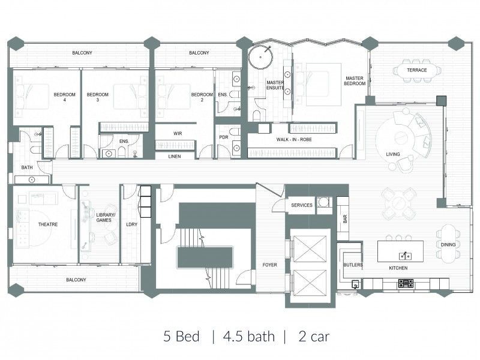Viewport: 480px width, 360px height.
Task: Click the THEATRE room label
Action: (x=47, y=224)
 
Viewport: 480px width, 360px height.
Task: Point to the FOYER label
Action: (x=270, y=264)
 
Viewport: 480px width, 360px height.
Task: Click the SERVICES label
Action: (x=302, y=205)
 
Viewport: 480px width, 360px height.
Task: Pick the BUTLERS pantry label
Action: (x=352, y=264)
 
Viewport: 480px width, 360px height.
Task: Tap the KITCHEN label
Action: (x=398, y=267)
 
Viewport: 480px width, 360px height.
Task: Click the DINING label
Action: (x=448, y=245)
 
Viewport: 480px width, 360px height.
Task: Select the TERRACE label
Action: (x=417, y=70)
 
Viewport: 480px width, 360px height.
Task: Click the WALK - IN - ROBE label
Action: (x=294, y=139)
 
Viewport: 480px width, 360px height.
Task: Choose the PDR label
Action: (x=224, y=137)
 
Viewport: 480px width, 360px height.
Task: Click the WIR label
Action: (x=178, y=133)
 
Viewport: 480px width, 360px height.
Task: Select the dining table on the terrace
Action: (x=418, y=71)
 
